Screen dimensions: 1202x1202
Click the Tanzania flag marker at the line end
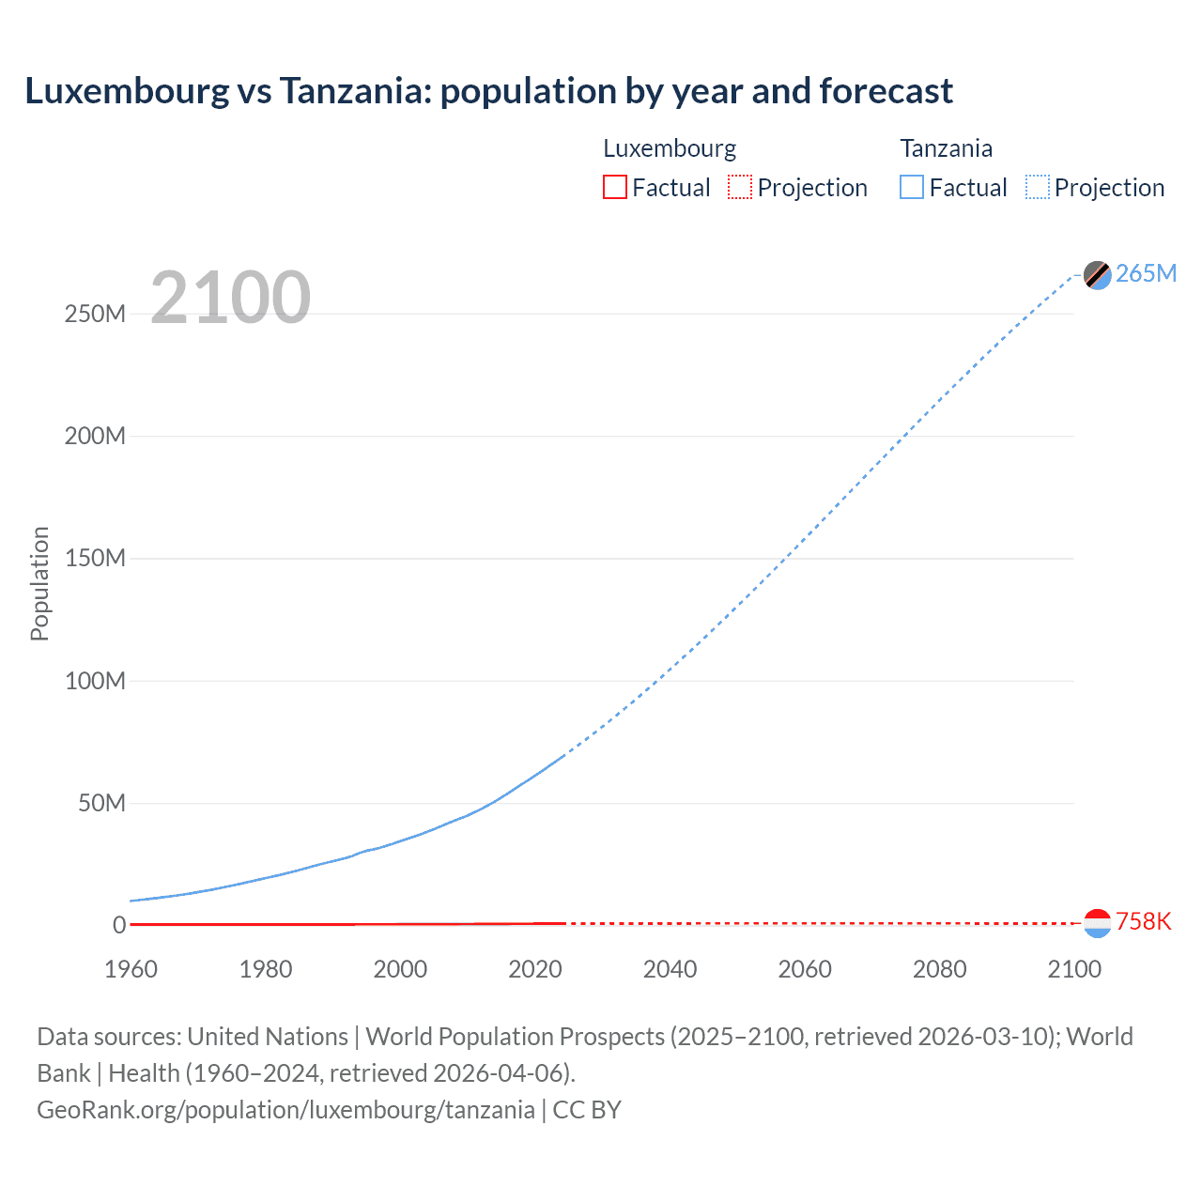[x=1097, y=274]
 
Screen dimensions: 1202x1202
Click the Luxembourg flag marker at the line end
[x=1097, y=923]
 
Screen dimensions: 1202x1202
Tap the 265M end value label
[x=1146, y=273]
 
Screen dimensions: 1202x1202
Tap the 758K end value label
[x=1143, y=921]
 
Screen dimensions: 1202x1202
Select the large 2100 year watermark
[x=230, y=297]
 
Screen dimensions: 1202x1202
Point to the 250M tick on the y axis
[x=95, y=314]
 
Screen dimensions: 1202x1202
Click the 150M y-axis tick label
[x=95, y=558]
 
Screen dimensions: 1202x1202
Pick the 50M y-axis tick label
[x=101, y=803]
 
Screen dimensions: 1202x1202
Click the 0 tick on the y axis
[x=119, y=925]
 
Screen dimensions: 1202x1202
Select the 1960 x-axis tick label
[x=131, y=969]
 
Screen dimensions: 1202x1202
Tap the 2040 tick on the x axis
[x=670, y=969]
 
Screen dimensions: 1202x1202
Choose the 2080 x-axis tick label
[x=939, y=969]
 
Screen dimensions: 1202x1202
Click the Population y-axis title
[x=39, y=583]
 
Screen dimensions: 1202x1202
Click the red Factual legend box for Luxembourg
[x=614, y=187]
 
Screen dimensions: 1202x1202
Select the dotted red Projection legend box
[x=740, y=187]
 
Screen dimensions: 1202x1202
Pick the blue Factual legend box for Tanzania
[x=911, y=187]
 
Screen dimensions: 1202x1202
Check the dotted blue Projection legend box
[x=1037, y=187]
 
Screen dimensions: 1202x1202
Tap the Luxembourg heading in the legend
[x=670, y=148]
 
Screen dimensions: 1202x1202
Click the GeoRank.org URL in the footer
[x=285, y=1110]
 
